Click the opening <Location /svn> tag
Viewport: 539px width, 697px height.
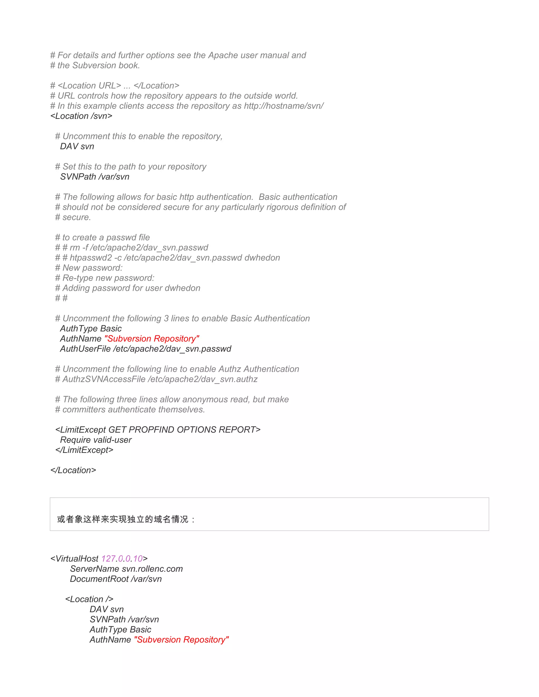(x=81, y=116)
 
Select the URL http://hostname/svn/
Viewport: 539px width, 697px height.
(x=283, y=106)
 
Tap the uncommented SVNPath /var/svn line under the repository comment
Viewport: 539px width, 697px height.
(x=94, y=177)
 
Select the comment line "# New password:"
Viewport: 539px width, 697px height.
(x=89, y=268)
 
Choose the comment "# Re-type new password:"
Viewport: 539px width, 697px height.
(x=105, y=278)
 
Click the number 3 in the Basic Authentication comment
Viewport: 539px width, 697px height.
(x=166, y=319)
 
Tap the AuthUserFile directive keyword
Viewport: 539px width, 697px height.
(x=85, y=349)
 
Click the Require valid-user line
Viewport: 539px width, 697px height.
(x=96, y=440)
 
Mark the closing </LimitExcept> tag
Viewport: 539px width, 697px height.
(x=84, y=450)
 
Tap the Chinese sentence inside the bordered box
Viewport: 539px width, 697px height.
(x=126, y=519)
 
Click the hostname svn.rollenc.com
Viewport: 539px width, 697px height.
(x=152, y=569)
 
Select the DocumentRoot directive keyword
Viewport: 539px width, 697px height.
(x=99, y=579)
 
